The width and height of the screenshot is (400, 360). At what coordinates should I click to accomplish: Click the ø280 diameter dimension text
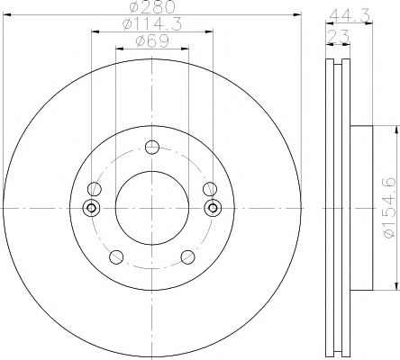pyautogui.click(x=152, y=7)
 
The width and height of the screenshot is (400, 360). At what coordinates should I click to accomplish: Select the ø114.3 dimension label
pyautogui.click(x=152, y=24)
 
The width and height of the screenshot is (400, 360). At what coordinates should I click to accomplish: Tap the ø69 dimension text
pyautogui.click(x=152, y=41)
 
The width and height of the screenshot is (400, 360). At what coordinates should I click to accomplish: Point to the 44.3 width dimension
pyautogui.click(x=350, y=15)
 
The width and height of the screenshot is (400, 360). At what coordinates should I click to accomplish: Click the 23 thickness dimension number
pyautogui.click(x=339, y=37)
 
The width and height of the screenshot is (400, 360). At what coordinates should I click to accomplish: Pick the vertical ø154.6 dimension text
pyautogui.click(x=389, y=208)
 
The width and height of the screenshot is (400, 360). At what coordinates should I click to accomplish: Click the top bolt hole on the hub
pyautogui.click(x=152, y=148)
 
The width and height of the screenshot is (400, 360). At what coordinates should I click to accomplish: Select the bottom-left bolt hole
pyautogui.click(x=116, y=256)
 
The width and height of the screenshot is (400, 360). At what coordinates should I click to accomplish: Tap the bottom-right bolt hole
pyautogui.click(x=188, y=257)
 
